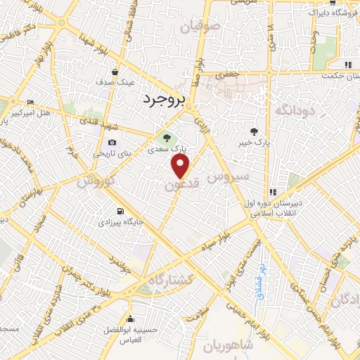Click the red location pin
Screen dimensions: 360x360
pyautogui.click(x=181, y=166)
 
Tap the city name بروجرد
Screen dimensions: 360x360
pyautogui.click(x=162, y=101)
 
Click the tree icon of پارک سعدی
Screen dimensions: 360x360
pyautogui.click(x=167, y=137)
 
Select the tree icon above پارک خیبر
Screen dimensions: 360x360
pyautogui.click(x=255, y=131)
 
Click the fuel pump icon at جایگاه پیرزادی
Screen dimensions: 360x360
pyautogui.click(x=120, y=211)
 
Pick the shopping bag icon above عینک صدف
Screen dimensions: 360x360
pyautogui.click(x=115, y=71)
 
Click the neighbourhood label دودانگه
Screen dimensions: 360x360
pyautogui.click(x=292, y=110)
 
